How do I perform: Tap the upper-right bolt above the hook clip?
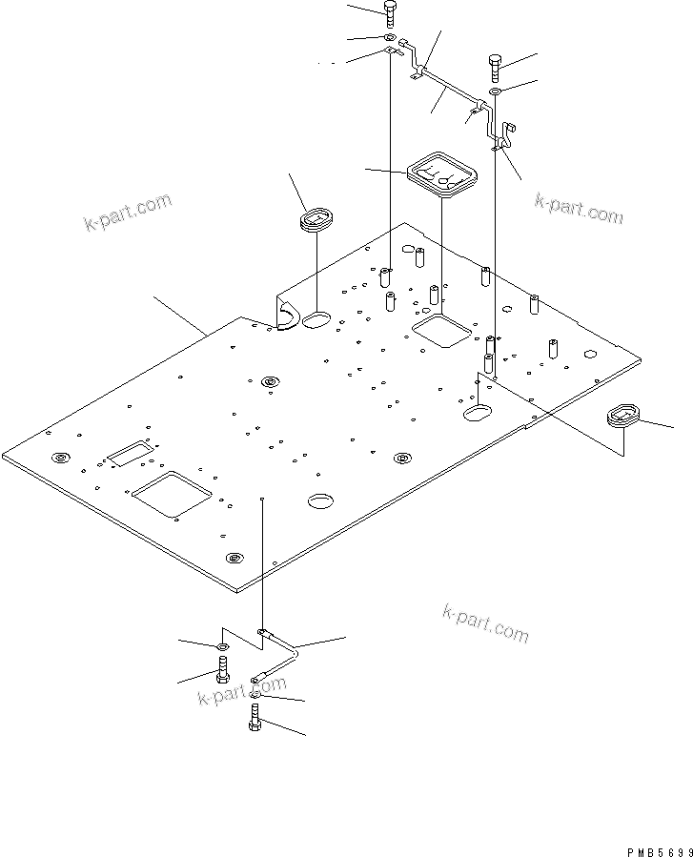coord(494,66)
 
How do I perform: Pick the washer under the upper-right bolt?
coord(496,92)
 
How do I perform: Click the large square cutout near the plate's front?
coord(173,494)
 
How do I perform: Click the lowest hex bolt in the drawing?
coord(255,716)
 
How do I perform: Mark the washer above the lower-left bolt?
coord(221,648)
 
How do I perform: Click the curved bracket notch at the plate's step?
coord(286,314)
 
